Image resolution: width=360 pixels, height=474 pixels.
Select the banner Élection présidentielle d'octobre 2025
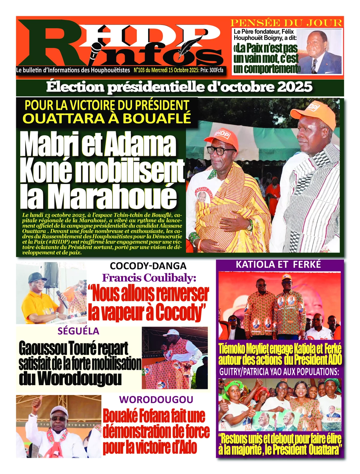click(x=179, y=87)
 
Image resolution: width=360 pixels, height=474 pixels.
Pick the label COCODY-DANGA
click(x=148, y=266)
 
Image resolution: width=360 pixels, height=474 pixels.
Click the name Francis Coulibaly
click(x=149, y=278)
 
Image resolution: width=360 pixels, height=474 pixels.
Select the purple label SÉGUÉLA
click(x=78, y=331)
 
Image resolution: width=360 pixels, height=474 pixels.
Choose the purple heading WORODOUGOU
click(x=156, y=400)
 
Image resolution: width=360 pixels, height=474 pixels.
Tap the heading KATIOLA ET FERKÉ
click(x=278, y=264)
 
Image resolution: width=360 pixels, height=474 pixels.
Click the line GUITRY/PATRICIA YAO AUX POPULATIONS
click(x=279, y=372)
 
